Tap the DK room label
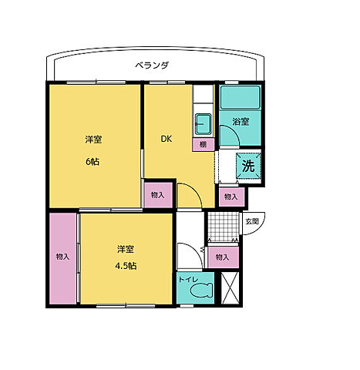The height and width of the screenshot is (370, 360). coord(166,140)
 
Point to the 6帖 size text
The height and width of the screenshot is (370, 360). coord(93,162)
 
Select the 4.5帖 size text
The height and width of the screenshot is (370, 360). coord(127,266)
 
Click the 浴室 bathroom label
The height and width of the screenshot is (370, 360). coord(241,121)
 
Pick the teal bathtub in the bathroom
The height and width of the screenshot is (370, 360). coord(241,98)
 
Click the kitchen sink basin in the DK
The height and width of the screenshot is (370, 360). coord(203,123)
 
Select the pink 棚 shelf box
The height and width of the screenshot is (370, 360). coord(202,144)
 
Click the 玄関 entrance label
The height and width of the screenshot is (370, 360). coord(252,221)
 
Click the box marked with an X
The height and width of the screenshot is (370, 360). coord(230,288)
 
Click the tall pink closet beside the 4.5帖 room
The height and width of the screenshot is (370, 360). coord(62,257)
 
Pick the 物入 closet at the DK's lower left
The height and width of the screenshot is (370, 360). coord(157,196)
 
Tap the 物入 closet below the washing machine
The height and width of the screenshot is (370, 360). coord(230,197)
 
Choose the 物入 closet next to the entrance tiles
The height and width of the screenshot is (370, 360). coord(222,257)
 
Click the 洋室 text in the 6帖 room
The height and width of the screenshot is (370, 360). coord(93,140)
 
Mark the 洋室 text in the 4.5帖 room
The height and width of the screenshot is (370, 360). coord(126,248)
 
